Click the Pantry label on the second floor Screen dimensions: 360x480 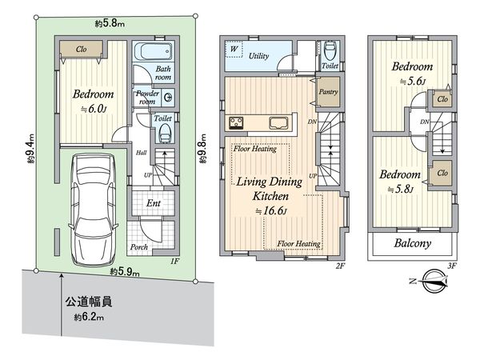329,91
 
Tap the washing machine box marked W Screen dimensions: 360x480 236,50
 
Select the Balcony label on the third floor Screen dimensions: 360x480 413,243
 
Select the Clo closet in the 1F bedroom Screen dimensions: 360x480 82,50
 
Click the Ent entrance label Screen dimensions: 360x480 152,204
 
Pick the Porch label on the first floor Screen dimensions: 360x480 139,247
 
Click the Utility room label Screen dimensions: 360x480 258,57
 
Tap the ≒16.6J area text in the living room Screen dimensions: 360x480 270,210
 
